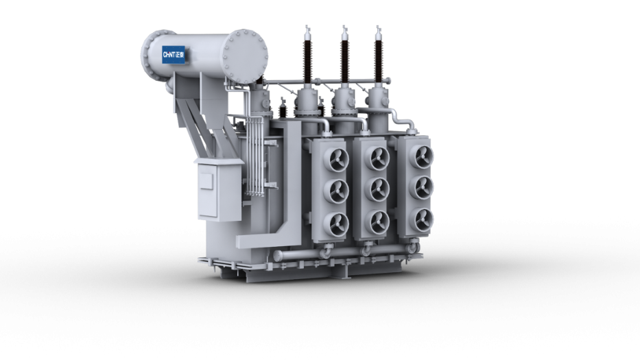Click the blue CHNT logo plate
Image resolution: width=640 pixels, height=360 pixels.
[174, 54]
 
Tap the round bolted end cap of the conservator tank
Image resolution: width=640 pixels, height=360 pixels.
[246, 56]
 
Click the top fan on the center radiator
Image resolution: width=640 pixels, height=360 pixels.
[379, 158]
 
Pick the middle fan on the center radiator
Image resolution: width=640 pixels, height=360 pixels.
[379, 189]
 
